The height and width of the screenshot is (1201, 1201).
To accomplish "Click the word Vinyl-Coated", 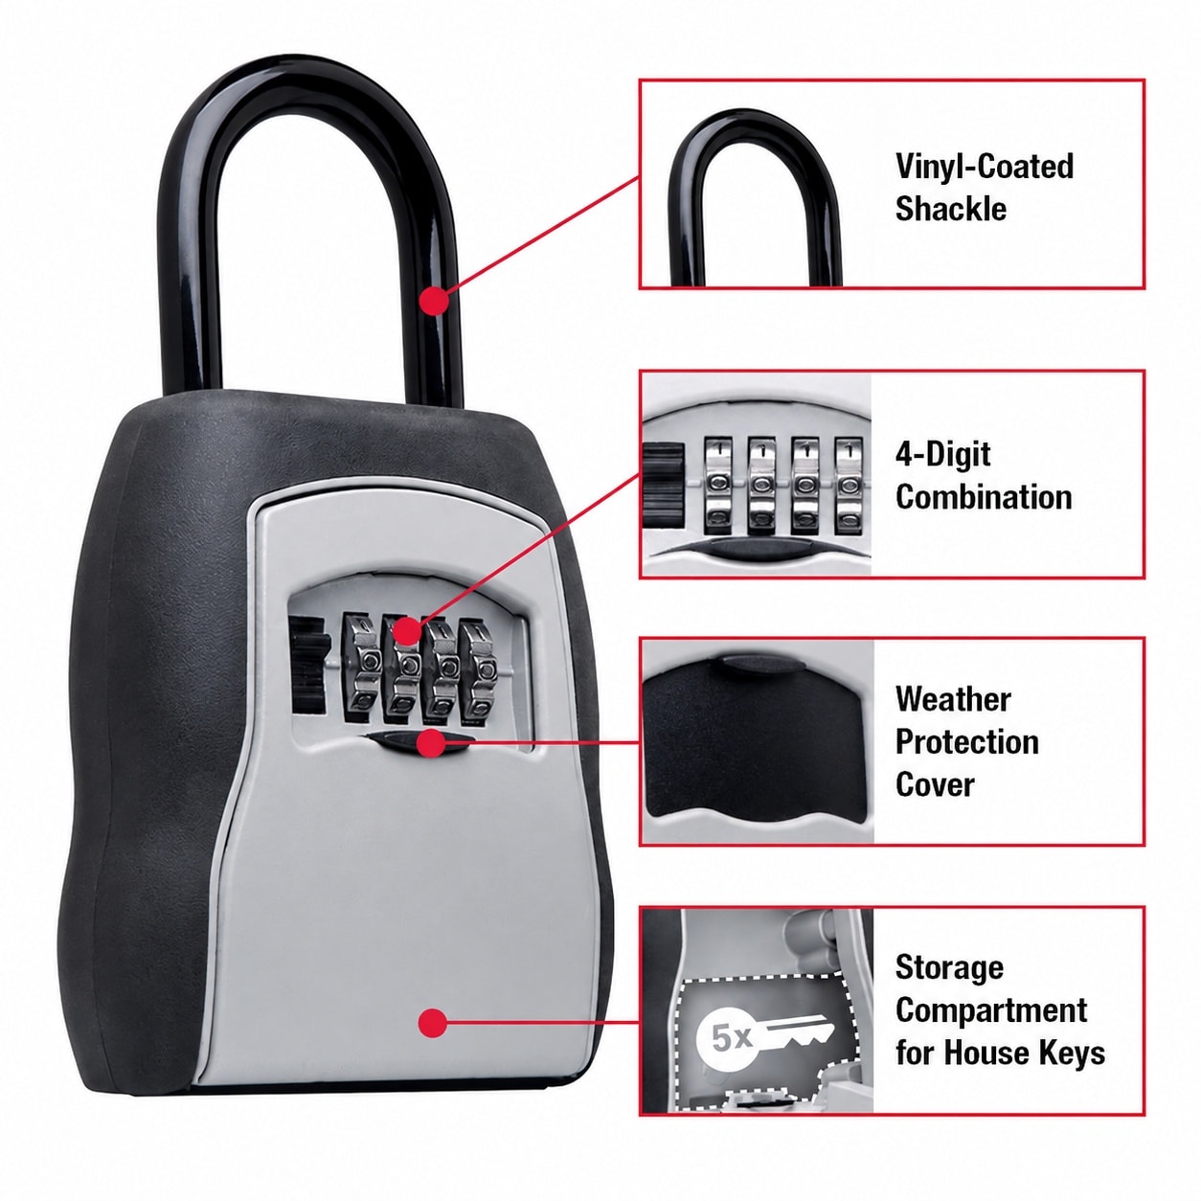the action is click(985, 167).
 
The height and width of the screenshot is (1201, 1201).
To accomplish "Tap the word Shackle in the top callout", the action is click(950, 208).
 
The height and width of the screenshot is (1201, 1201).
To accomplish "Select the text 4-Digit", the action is click(942, 455).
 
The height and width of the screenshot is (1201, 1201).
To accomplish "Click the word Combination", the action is click(984, 497).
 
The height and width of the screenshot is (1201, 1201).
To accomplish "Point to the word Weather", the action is click(953, 700).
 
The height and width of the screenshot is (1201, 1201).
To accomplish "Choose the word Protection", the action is click(966, 742).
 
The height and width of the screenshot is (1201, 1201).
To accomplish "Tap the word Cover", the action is click(934, 784).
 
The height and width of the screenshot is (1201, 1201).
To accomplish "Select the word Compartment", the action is click(991, 1010).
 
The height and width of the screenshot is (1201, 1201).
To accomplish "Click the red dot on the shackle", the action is click(435, 301).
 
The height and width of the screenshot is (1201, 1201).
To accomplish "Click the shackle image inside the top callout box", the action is click(756, 199).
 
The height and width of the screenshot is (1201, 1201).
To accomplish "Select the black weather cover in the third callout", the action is click(754, 740).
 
